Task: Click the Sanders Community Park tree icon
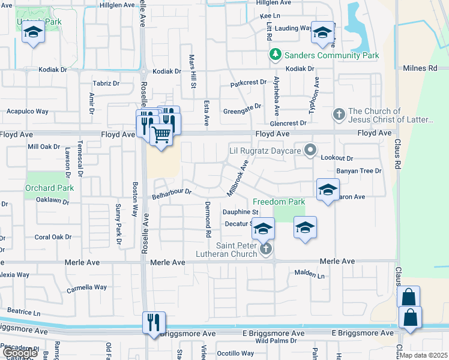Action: point(276,55)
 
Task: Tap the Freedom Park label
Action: point(279,202)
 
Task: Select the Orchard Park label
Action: point(49,188)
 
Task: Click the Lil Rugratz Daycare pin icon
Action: point(310,150)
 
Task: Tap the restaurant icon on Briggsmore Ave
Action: point(154,322)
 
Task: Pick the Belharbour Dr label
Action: point(171,194)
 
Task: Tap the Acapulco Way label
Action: point(27,112)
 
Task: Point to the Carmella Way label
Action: point(86,287)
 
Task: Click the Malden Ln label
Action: point(309,274)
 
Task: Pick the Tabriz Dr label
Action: point(106,83)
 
